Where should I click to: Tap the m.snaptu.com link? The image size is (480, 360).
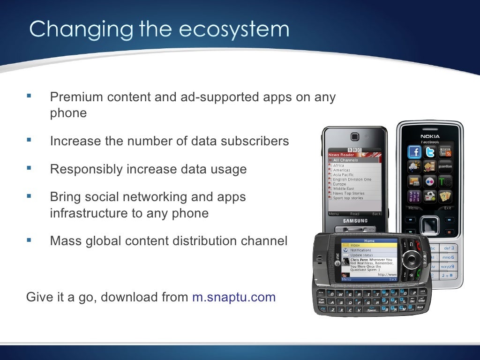pos(234,297)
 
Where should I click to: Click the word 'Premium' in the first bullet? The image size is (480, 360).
pos(76,97)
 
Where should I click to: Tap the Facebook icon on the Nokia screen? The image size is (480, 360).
pos(414,151)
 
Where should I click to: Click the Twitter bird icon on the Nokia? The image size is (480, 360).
pos(430,151)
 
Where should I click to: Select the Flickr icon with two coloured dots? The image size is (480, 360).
pos(430,181)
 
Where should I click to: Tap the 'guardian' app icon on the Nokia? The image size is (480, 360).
pos(445,166)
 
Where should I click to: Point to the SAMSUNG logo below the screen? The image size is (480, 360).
pos(355,221)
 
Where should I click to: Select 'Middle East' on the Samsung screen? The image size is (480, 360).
pos(344,188)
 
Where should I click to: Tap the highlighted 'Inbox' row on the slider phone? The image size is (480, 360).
pos(368,245)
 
